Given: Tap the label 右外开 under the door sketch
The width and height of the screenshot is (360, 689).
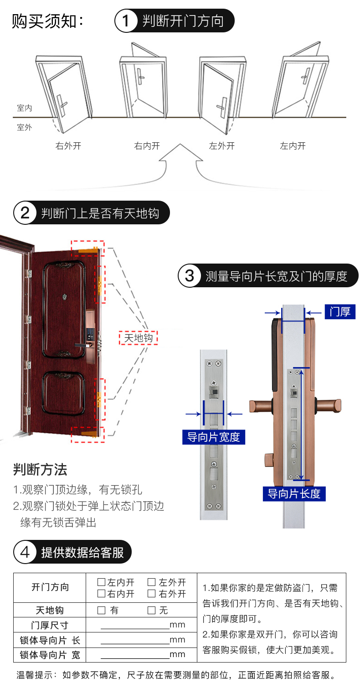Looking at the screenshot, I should pyautogui.click(x=68, y=146).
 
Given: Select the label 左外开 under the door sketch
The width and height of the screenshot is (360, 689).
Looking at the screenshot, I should pyautogui.click(x=222, y=146).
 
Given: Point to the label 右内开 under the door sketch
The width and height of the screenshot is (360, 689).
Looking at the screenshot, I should pyautogui.click(x=147, y=146).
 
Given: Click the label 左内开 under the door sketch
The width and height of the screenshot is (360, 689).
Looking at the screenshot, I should pyautogui.click(x=293, y=146).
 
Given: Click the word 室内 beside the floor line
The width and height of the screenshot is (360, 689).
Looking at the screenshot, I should pyautogui.click(x=25, y=108).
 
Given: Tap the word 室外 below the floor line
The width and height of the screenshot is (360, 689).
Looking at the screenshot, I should pyautogui.click(x=25, y=127).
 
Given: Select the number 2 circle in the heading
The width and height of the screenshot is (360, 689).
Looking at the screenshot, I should pyautogui.click(x=26, y=213).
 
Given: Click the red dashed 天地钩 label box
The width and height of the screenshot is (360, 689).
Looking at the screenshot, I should pyautogui.click(x=138, y=338).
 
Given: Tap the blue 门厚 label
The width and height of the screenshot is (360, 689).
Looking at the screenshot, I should pyautogui.click(x=340, y=312).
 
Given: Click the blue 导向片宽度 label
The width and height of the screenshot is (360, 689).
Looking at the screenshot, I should pyautogui.click(x=213, y=437).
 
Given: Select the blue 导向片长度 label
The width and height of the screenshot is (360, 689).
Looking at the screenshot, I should pyautogui.click(x=294, y=493).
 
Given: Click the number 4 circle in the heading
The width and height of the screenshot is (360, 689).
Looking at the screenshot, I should pyautogui.click(x=26, y=552).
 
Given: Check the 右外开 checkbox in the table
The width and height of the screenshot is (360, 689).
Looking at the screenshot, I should pyautogui.click(x=151, y=594).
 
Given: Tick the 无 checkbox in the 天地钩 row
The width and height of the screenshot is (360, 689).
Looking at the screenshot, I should pyautogui.click(x=151, y=610).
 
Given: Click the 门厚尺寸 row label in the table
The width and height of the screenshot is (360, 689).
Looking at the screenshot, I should pyautogui.click(x=50, y=625).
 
